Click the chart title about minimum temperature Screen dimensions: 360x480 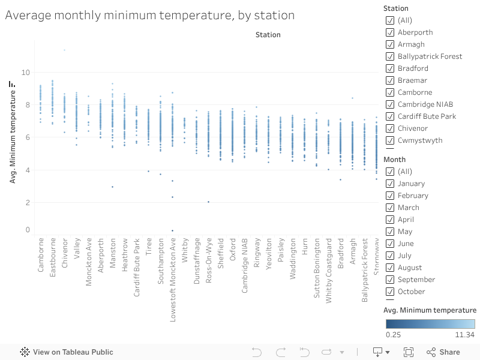[149, 15]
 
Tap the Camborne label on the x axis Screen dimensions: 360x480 [41, 256]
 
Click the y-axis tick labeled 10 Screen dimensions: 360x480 [25, 73]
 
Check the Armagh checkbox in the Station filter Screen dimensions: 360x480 [389, 44]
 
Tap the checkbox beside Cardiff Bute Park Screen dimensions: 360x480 [389, 116]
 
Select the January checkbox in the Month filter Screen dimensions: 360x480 [389, 184]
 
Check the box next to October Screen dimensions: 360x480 [389, 292]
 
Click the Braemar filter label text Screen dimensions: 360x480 [412, 80]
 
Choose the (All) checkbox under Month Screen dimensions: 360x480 [389, 172]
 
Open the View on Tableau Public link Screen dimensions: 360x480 [67, 352]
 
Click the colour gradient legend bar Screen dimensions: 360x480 [430, 324]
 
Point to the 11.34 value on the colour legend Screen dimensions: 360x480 [465, 335]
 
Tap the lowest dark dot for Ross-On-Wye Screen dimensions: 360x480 [208, 202]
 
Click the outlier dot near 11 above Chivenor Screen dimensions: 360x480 [64, 50]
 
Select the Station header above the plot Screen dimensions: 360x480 [268, 35]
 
